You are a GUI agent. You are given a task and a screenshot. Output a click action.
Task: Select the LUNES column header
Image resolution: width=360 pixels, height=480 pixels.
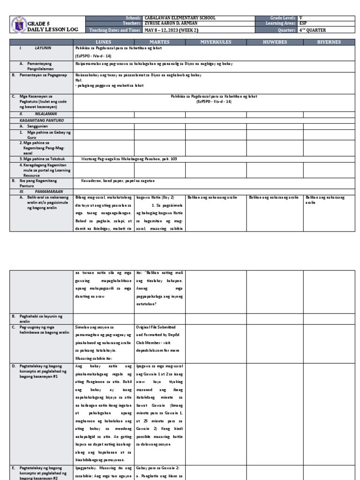point(103,42)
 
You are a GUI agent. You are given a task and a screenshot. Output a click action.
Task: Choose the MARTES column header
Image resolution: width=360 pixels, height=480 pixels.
point(160,42)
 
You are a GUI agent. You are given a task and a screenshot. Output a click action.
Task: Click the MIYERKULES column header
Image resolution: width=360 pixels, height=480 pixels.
point(216,42)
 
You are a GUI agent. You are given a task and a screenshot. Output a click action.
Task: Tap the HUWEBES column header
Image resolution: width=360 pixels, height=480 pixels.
point(275,42)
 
